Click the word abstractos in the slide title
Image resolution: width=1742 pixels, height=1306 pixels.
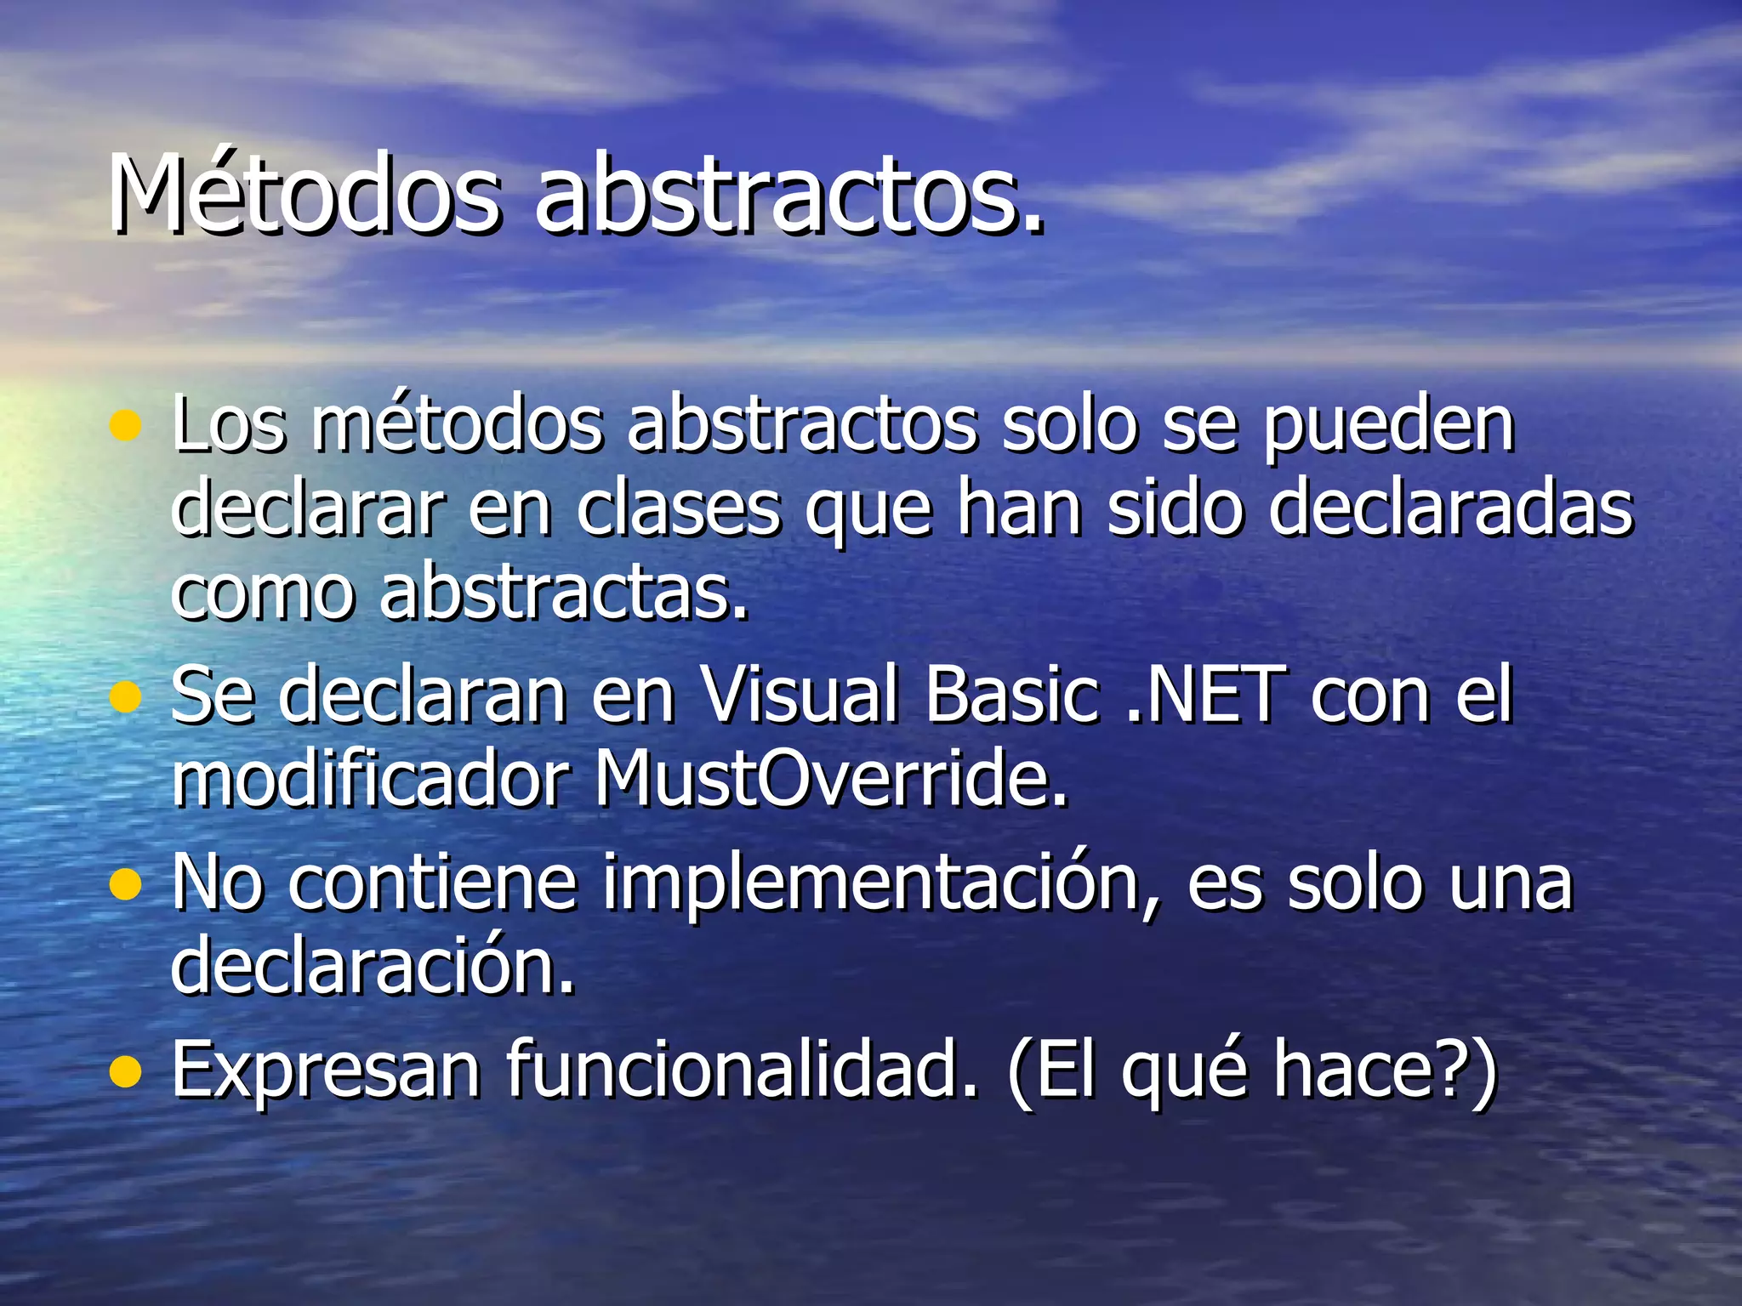click(788, 193)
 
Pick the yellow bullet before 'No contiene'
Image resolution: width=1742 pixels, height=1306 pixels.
click(126, 884)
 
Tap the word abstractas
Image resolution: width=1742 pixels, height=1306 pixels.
click(564, 592)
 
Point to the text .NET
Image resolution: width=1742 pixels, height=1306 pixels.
click(1205, 695)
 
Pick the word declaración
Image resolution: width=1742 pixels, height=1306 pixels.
click(373, 965)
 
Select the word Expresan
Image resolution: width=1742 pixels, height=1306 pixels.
click(326, 1071)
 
